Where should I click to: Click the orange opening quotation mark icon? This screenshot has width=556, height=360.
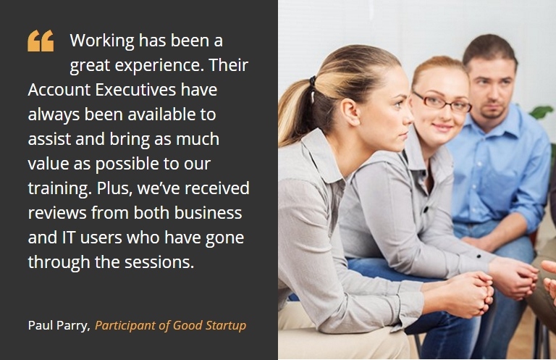[x=41, y=41]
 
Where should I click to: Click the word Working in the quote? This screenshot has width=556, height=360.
[x=102, y=41]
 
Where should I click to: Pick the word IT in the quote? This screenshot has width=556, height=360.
[x=69, y=238]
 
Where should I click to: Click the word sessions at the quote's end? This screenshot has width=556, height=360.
[x=159, y=262]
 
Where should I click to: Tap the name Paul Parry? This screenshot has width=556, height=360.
[x=59, y=326]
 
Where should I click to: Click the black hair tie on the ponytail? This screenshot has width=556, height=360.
[x=313, y=82]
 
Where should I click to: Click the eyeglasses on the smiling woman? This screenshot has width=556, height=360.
[x=442, y=101]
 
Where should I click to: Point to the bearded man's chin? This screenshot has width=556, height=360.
[x=493, y=114]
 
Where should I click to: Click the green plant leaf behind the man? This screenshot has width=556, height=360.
[x=542, y=112]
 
